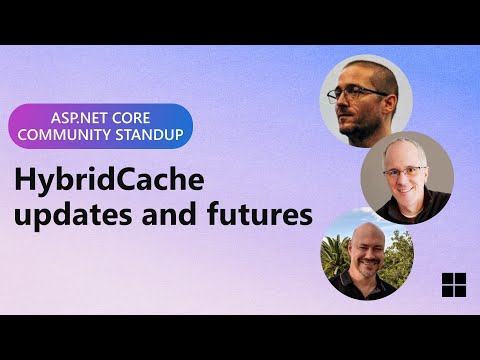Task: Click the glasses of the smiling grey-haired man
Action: [x=405, y=171]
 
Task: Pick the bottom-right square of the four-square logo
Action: [x=461, y=291]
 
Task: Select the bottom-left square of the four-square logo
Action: [x=447, y=291]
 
